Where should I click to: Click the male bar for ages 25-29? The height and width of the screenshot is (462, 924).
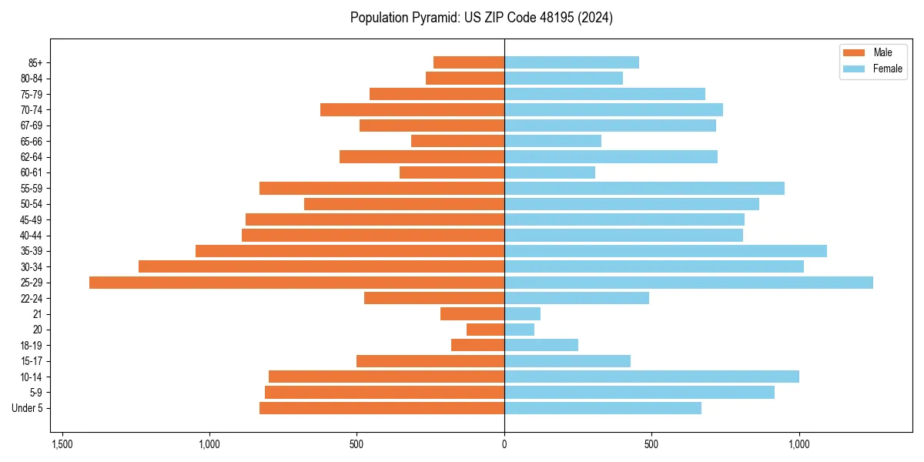point(296,283)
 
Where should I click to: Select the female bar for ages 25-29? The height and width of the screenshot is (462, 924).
point(688,283)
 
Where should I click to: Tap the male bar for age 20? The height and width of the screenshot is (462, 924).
point(485,330)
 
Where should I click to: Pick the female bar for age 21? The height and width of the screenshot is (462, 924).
point(522,313)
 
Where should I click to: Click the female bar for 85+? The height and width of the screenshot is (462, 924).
point(571,62)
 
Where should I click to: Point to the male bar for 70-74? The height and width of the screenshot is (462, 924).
point(412,109)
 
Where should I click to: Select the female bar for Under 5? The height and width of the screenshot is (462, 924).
point(603,408)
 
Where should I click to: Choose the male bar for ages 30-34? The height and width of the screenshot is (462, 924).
point(321,266)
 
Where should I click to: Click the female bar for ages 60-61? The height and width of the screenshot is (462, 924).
point(550,172)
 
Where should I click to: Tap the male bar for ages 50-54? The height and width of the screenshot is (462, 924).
point(404,204)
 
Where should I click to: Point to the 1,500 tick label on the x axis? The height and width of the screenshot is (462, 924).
point(62,444)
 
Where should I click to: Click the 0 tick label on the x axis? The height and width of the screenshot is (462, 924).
point(504,444)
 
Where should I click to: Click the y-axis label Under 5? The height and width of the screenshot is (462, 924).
point(28,408)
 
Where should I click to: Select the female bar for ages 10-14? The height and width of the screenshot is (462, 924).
point(651,377)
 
